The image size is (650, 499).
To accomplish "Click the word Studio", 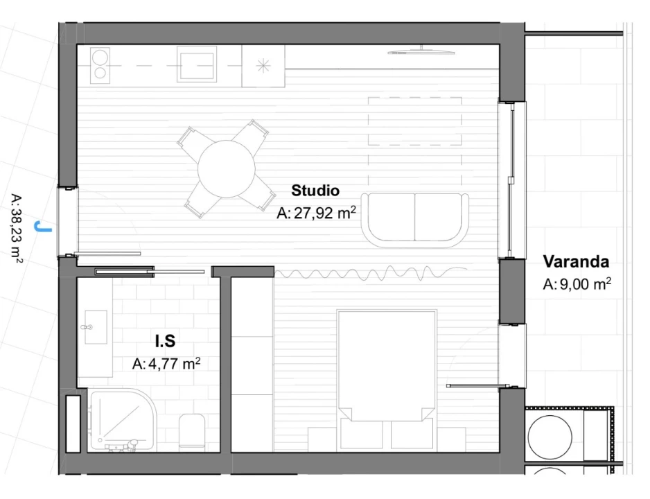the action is pos(315,191).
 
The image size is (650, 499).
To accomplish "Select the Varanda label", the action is pos(576,261).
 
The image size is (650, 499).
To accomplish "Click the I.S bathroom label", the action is pos(165,341).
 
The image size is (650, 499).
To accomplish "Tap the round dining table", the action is pos(226,168).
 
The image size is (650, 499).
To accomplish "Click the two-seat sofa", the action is pos(415,220).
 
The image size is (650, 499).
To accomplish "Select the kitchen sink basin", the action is pos(197,64).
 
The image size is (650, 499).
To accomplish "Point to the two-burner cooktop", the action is pos(100,65).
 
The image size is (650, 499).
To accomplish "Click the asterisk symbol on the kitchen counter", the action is pos(263,66).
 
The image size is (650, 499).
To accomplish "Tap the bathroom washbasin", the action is pos(96,327).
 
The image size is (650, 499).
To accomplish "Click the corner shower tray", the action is pos(122,420).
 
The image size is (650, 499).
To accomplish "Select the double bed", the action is pos(387,379).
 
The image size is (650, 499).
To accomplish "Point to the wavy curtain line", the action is pos(371,273).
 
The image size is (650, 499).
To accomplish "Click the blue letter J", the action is pos(43,227).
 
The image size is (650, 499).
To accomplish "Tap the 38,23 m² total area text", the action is pos(17,229).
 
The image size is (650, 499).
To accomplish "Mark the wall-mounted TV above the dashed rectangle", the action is pos(421,51).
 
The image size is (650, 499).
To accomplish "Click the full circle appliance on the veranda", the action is pos(550,437).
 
